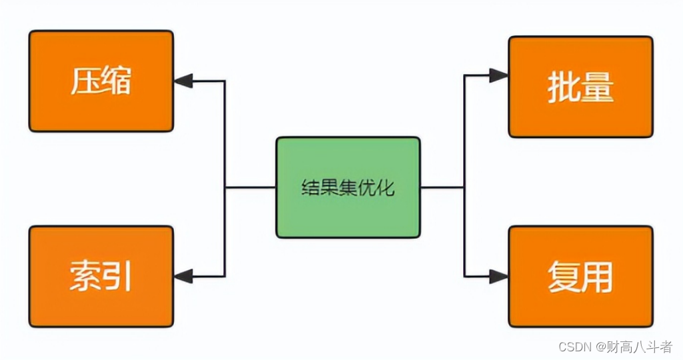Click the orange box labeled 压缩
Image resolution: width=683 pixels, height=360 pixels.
coord(101,81)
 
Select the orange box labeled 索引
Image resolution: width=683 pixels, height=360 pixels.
coord(101,275)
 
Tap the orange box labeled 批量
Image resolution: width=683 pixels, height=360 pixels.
coord(580,87)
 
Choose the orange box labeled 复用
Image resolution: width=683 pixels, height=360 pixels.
coord(580,276)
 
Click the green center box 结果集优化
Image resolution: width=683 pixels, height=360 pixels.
coord(348,187)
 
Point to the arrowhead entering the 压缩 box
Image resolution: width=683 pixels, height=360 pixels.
coord(183,81)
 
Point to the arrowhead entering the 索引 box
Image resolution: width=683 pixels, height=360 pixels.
coord(183,275)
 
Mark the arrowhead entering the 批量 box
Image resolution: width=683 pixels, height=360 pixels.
coord(498,75)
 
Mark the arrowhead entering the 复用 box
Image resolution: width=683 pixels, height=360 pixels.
coord(498,275)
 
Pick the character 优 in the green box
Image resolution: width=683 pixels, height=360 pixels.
coord(371,188)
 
